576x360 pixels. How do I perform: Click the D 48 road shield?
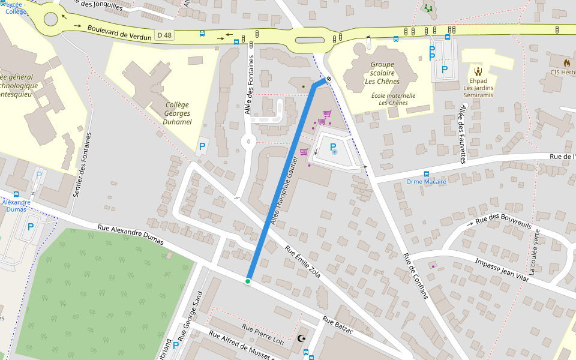(164, 35)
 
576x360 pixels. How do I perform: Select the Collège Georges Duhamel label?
(177, 113)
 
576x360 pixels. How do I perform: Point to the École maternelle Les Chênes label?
(393, 99)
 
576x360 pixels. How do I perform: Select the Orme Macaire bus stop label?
(426, 181)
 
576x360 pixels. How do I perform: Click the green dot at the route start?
(248, 281)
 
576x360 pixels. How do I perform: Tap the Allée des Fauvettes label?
(463, 133)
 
